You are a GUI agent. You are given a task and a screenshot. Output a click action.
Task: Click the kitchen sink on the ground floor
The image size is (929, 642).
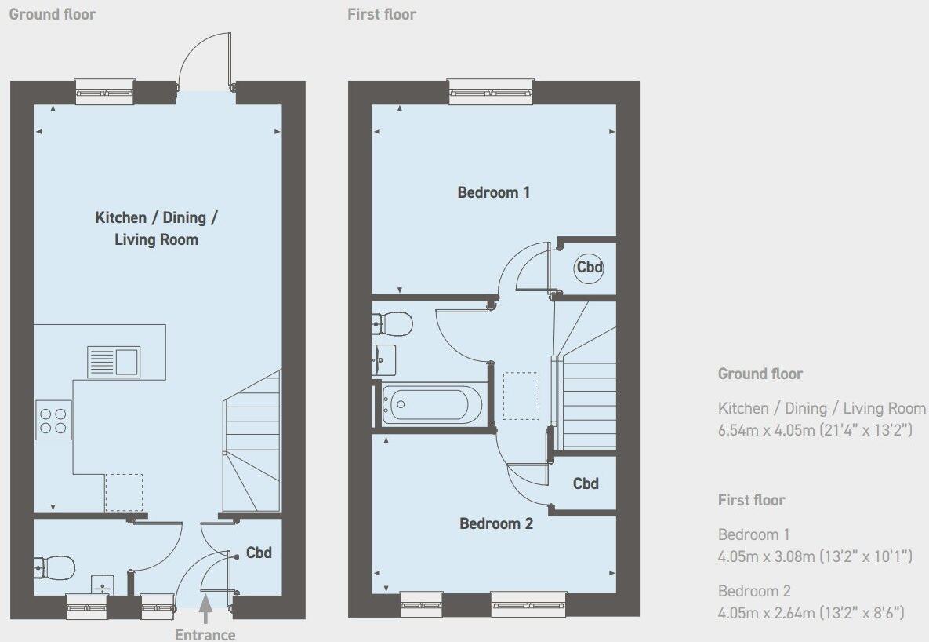pyautogui.click(x=114, y=362)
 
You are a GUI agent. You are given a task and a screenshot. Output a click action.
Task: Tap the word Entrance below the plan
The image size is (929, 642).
pyautogui.click(x=205, y=634)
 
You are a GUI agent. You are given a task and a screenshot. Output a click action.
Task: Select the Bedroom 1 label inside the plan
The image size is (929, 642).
pyautogui.click(x=494, y=192)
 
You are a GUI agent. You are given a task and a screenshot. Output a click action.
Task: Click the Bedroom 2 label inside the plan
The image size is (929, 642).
pyautogui.click(x=496, y=523)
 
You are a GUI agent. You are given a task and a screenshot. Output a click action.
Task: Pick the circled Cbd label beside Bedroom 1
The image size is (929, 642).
pyautogui.click(x=590, y=268)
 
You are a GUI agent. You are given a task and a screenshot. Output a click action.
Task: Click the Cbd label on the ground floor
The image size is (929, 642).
pyautogui.click(x=259, y=553)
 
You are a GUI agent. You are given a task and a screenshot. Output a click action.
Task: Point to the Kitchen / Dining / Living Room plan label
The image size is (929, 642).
pyautogui.click(x=156, y=228)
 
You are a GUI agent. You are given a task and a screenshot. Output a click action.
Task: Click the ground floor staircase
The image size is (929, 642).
pyautogui.click(x=252, y=443)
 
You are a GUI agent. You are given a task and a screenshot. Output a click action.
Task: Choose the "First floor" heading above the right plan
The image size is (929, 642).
pyautogui.click(x=382, y=14)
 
